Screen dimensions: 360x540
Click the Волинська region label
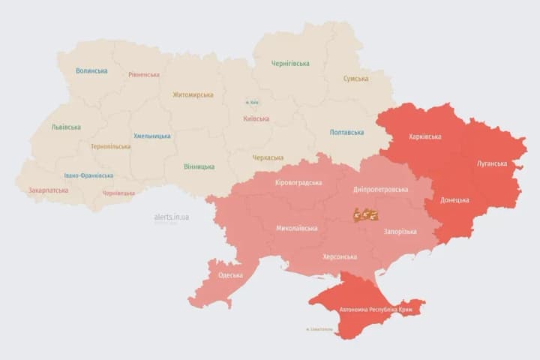[x=91, y=71]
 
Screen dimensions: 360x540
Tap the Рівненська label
[x=144, y=75]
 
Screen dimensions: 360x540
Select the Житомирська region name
[x=193, y=95]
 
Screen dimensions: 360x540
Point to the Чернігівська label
[x=290, y=64]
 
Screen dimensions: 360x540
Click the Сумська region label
[x=355, y=79]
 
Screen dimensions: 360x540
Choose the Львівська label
[x=66, y=127]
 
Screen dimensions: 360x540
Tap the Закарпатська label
[x=49, y=190]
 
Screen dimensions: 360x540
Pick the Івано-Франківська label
[x=88, y=175]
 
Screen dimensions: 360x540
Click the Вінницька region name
[x=199, y=166]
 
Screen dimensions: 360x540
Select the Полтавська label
[x=347, y=133]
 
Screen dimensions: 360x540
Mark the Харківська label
[x=424, y=137]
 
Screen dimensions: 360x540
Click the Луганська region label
[x=491, y=163]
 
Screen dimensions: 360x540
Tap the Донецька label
[x=454, y=200]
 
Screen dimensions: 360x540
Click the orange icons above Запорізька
[x=366, y=215]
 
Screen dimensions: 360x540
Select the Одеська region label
[x=230, y=275]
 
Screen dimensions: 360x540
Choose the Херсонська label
[x=339, y=256]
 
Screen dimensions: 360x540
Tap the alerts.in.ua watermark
[x=171, y=217]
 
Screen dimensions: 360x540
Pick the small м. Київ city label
[x=253, y=103]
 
